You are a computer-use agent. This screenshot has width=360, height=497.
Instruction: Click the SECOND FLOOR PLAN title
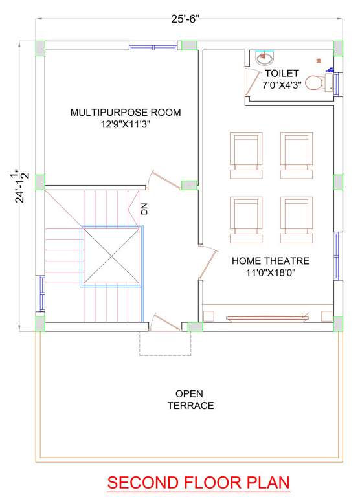198,483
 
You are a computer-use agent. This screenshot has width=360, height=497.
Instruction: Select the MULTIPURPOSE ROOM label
126,118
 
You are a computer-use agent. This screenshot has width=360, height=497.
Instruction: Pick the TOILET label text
281,80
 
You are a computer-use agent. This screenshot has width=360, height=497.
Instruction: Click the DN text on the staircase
144,208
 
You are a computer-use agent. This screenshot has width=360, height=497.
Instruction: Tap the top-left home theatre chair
246,155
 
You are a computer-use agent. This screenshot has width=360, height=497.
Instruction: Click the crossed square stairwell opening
110,256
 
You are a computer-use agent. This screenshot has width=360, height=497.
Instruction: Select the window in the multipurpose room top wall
153,47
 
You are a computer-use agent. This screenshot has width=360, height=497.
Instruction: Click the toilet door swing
251,83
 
